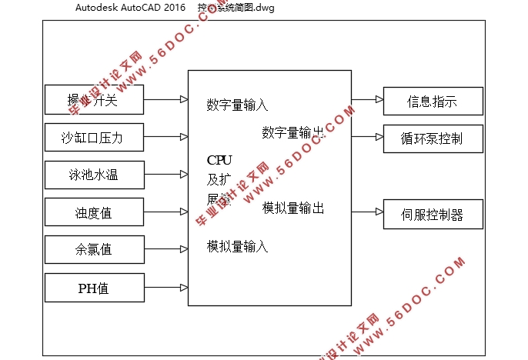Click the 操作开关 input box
point(95,99)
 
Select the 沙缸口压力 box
point(95,138)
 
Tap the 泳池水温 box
point(95,175)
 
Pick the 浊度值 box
point(95,212)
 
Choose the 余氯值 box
point(95,249)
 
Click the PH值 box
point(95,288)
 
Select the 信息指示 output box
point(433,101)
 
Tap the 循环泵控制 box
point(433,138)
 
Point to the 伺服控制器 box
point(433,215)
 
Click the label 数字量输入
point(237,105)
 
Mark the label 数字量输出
point(292,132)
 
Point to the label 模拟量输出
point(292,208)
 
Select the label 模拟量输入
point(237,246)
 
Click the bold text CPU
point(219,160)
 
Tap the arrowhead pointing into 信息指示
point(379,100)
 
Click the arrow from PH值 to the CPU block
point(166,288)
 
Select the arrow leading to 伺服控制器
point(367,210)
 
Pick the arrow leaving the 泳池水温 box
point(166,175)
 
